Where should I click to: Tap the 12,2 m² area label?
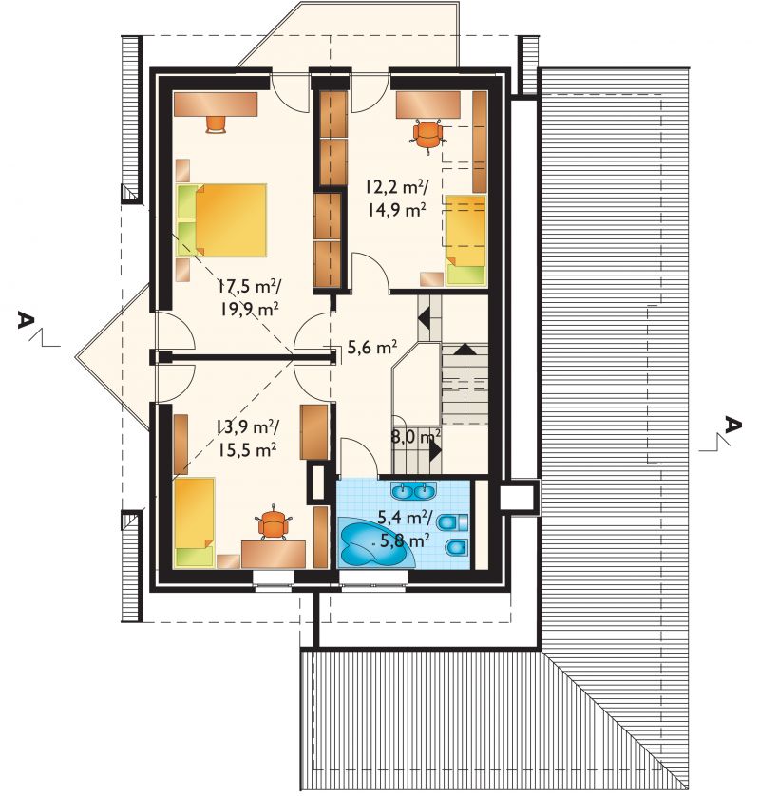396,188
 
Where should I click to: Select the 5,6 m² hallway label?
371,348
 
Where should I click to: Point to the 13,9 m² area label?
246,427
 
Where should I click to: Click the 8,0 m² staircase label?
415,437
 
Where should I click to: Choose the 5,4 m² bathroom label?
405,518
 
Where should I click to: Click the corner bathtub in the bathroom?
374,543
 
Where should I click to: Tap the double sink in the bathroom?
413,490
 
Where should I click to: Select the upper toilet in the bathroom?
452,521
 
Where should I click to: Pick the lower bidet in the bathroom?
456,547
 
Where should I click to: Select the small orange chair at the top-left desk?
217,124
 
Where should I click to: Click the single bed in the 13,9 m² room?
194,522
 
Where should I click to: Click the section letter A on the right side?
733,424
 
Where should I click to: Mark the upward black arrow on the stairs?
465,349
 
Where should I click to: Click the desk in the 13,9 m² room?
274,555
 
